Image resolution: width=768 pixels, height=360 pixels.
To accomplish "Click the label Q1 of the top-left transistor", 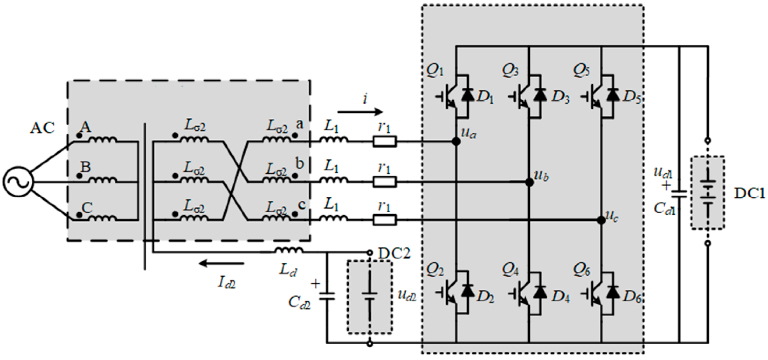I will coord(435,71).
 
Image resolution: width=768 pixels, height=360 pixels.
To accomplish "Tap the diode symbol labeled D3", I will coord(541,95).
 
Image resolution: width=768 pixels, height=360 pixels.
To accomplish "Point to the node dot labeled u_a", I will coord(456,141).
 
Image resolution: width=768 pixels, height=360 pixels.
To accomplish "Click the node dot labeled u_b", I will coord(529,182).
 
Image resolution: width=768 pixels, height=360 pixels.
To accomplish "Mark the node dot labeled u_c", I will coord(601,220).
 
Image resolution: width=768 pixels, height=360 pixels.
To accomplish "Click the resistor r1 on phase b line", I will coord(385,182).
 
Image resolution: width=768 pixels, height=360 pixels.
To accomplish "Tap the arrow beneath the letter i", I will coord(360,112).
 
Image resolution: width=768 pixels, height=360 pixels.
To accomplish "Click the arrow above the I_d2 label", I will coord(221,263).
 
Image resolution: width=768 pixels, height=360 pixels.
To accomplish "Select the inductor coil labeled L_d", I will coord(289,250).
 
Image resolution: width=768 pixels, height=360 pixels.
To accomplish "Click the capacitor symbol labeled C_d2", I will coord(327,296).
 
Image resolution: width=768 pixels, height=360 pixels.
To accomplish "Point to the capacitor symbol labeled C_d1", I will coord(680,194).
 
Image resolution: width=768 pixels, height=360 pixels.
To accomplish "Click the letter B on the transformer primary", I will coord(86,167).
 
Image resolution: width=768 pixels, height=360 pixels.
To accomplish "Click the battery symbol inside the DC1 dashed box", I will coord(708,194).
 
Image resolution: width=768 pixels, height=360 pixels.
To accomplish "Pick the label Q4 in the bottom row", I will coord(510,270).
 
